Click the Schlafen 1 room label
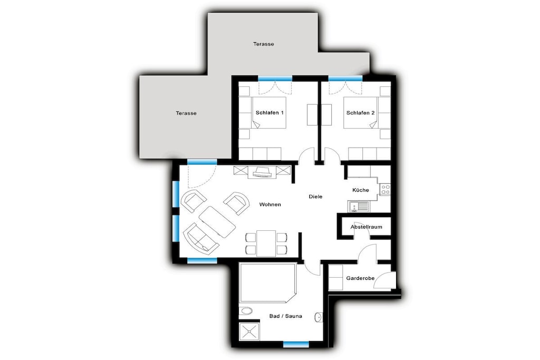[x=269, y=113]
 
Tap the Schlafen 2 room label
[x=361, y=113]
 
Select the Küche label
[x=361, y=190]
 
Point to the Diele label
[x=315, y=197]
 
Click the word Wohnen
[x=270, y=205]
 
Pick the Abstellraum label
[x=367, y=227]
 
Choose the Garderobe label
[x=360, y=278]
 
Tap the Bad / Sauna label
[x=285, y=316]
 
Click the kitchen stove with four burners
[x=385, y=189]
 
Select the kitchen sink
[x=358, y=207]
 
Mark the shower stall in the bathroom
[x=249, y=332]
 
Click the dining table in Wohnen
[x=266, y=244]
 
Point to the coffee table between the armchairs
[x=217, y=222]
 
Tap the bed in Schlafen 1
[x=268, y=113]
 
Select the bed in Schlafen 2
[x=361, y=113]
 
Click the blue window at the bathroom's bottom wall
[x=296, y=344]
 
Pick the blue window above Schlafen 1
[x=275, y=79]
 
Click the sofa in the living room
[x=201, y=239]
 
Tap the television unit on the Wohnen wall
[x=263, y=172]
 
